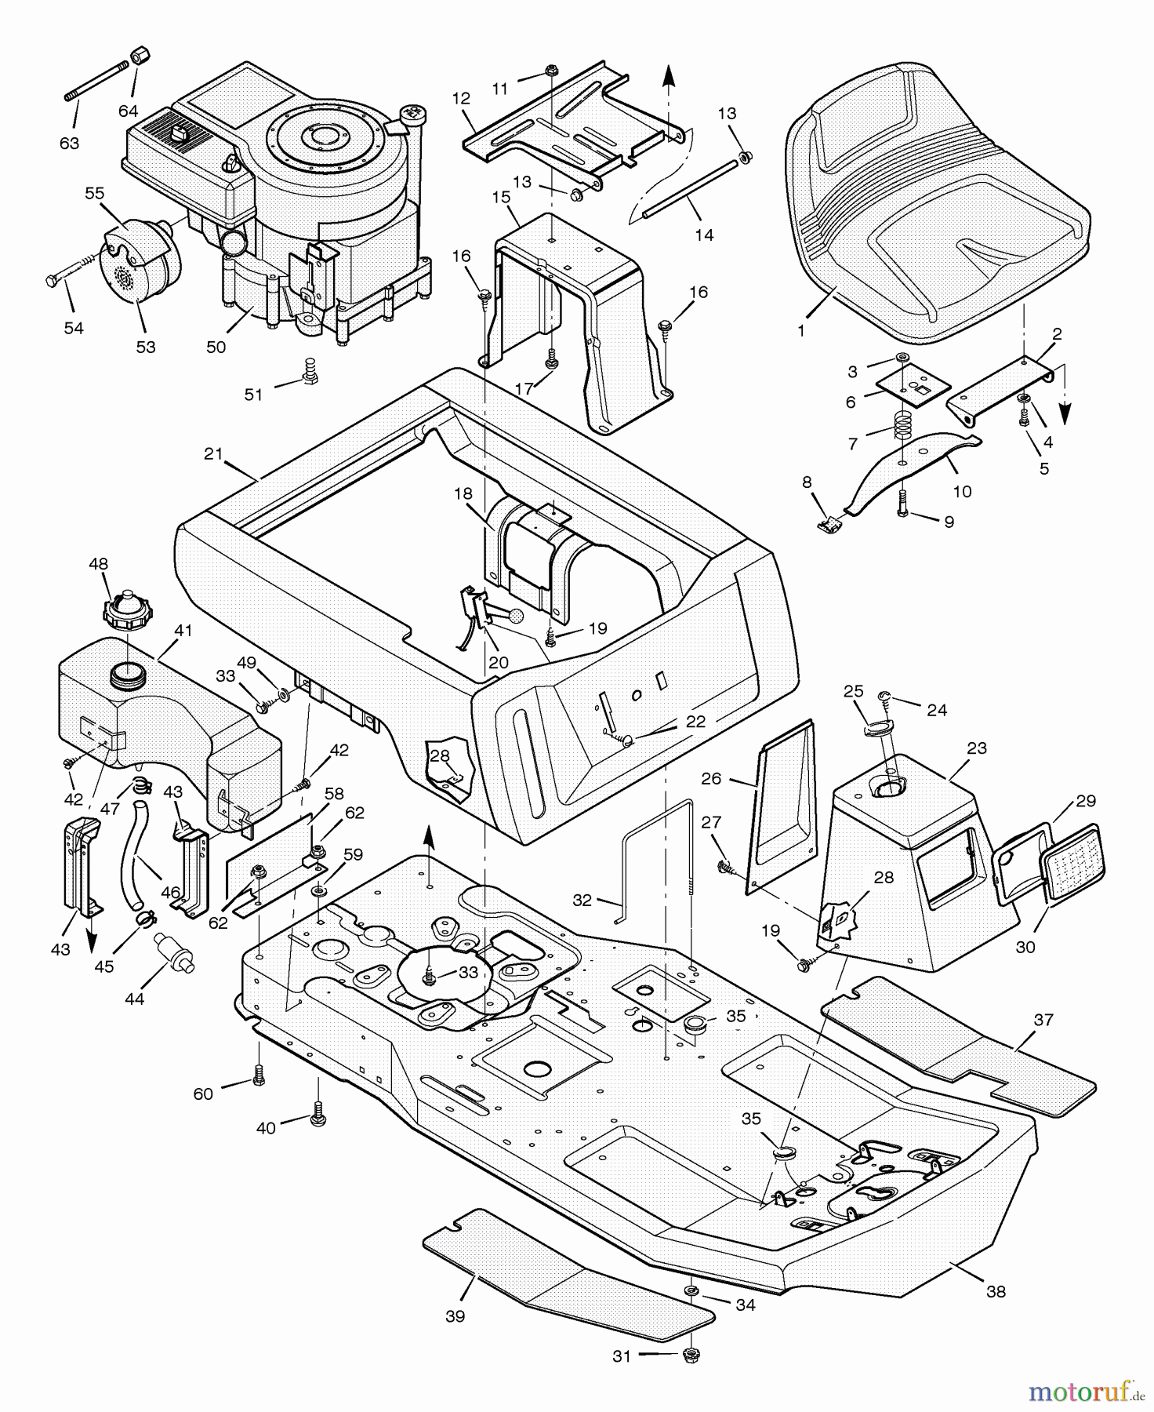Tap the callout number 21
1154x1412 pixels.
click(x=213, y=453)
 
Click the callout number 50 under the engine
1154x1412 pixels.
click(x=216, y=347)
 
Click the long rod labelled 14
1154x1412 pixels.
click(x=690, y=188)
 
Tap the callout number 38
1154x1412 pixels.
click(x=996, y=1291)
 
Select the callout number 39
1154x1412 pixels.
click(x=455, y=1316)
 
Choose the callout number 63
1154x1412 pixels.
click(x=70, y=143)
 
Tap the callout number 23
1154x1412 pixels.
click(x=977, y=748)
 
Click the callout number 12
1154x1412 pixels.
click(x=461, y=98)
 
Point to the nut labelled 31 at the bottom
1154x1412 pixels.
click(x=691, y=1354)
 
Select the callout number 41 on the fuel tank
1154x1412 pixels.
click(x=183, y=630)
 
